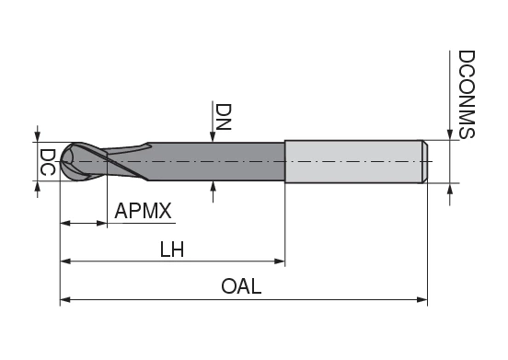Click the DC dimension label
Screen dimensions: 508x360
pos(47,162)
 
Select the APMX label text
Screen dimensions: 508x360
pos(143,211)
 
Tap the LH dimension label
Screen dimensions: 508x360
pos(172,250)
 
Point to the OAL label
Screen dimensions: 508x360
pos(241,286)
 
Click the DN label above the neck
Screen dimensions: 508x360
pos(224,117)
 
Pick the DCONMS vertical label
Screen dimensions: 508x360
pos(467,94)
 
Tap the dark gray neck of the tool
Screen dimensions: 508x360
pos(215,161)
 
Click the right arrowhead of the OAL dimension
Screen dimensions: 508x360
pos(422,300)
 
